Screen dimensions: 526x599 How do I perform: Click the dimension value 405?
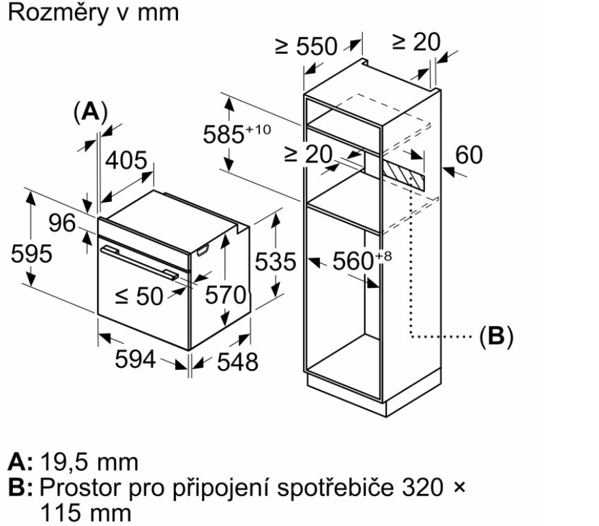pyautogui.click(x=128, y=161)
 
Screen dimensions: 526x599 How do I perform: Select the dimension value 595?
pyautogui.click(x=31, y=254)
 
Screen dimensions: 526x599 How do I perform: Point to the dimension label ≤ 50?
pyautogui.click(x=139, y=295)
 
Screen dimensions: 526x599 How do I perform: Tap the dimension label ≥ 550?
pyautogui.click(x=306, y=46)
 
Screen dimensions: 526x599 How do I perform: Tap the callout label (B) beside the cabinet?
pyautogui.click(x=495, y=336)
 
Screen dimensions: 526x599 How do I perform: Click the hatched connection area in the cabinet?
pyautogui.click(x=404, y=173)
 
